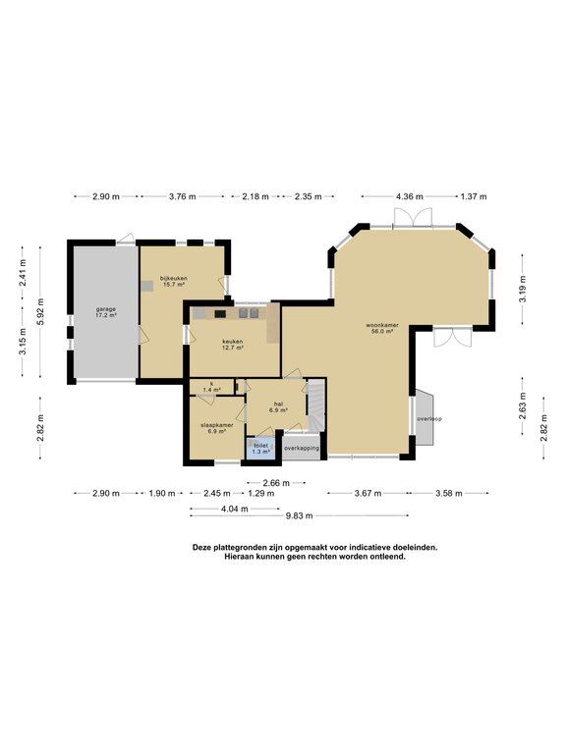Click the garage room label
pyautogui.click(x=106, y=313)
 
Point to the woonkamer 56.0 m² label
pyautogui.click(x=379, y=329)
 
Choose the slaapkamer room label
pyautogui.click(x=216, y=428)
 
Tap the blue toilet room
pyautogui.click(x=260, y=449)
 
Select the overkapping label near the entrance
pyautogui.click(x=302, y=448)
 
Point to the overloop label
pyautogui.click(x=428, y=418)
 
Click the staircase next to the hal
pyautogui.click(x=316, y=404)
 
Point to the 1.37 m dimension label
pyautogui.click(x=474, y=196)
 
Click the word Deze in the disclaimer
pyautogui.click(x=203, y=547)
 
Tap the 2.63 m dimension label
pyautogui.click(x=522, y=403)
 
